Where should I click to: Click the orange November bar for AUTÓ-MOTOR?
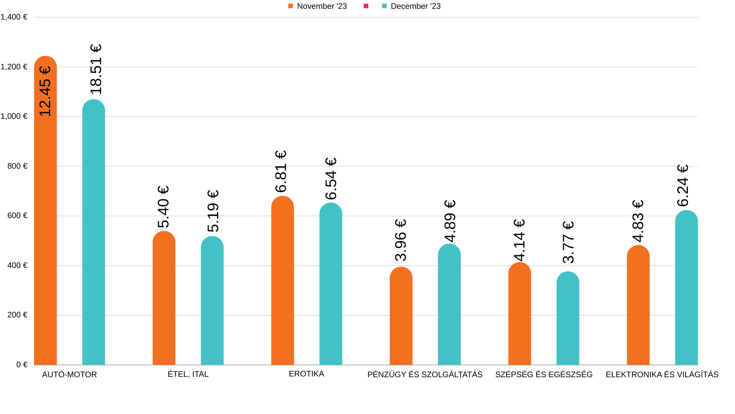point(46,230)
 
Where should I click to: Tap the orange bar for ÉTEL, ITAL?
point(164,299)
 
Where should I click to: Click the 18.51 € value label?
point(96,69)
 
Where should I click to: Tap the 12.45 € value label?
point(45,91)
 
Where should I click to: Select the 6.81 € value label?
point(281,171)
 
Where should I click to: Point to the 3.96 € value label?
point(400,240)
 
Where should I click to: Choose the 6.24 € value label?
point(683,186)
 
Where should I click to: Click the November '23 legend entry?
point(317,6)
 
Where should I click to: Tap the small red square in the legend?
point(366,6)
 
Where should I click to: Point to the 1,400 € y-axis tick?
point(14,17)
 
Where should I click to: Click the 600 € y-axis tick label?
point(17,215)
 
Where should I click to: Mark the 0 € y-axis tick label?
point(22,365)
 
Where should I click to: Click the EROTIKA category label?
point(306,374)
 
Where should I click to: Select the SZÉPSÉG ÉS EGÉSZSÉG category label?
point(544,375)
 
